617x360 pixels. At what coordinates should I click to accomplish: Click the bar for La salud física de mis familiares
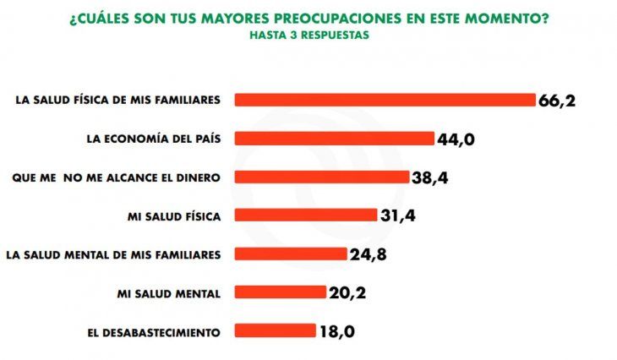[385, 100]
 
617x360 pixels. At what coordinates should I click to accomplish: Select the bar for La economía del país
[334, 139]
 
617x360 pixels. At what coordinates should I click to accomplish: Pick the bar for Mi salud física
[305, 215]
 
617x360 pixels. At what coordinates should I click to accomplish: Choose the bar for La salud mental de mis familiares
[290, 254]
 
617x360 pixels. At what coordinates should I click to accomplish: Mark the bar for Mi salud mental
[280, 292]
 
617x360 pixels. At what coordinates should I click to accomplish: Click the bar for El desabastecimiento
[275, 331]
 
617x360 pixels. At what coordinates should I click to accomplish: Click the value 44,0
[455, 139]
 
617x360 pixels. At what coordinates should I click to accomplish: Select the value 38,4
[430, 177]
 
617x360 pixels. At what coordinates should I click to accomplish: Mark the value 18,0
[336, 332]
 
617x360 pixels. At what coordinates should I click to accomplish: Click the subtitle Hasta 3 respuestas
[308, 36]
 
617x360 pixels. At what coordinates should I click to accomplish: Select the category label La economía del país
[155, 139]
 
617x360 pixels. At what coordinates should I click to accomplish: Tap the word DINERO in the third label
[199, 177]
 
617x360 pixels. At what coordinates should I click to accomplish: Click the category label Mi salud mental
[169, 293]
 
